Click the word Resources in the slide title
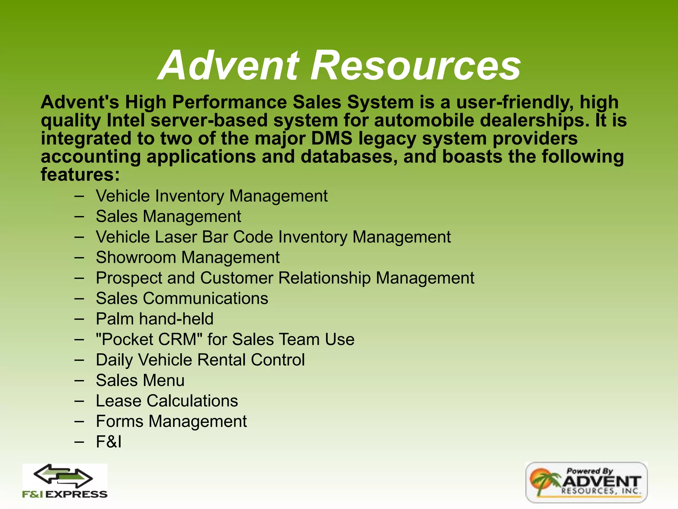click(416, 65)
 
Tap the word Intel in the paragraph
click(126, 120)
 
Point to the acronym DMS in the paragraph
click(332, 138)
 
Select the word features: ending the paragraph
click(80, 174)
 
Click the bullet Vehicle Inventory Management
click(212, 196)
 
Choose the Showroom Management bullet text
click(187, 257)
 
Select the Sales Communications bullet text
click(182, 298)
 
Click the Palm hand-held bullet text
click(155, 319)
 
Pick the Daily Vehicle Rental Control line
click(200, 360)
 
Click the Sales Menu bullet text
click(140, 380)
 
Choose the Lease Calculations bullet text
click(167, 401)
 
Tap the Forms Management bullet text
click(171, 422)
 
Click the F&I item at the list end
click(109, 442)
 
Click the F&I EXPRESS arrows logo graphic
click(64, 476)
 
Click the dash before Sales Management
click(79, 217)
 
